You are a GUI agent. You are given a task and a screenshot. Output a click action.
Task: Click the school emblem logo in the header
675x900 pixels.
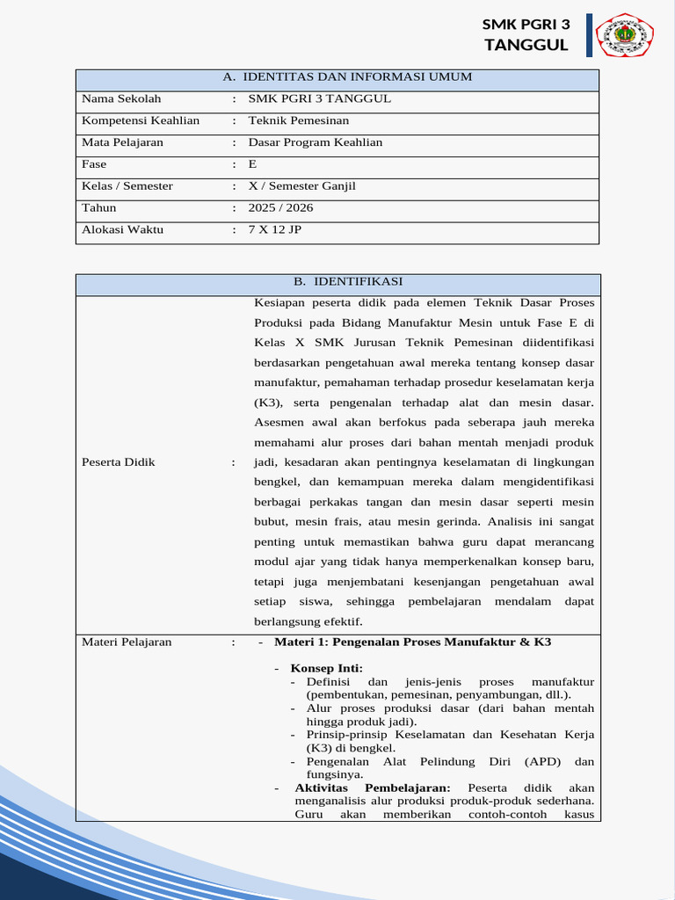pyautogui.click(x=625, y=35)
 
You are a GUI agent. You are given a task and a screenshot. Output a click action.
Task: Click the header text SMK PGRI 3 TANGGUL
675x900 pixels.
pyautogui.click(x=526, y=35)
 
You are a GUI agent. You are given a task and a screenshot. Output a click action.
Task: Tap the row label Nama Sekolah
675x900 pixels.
pyautogui.click(x=121, y=98)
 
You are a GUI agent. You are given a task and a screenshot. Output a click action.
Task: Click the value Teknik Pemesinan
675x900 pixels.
pyautogui.click(x=299, y=120)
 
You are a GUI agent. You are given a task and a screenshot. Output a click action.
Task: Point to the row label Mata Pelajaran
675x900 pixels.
pyautogui.click(x=122, y=142)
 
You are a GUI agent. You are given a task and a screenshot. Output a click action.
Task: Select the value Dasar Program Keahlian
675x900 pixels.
pyautogui.click(x=316, y=142)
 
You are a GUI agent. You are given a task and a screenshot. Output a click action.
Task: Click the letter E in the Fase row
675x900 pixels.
pyautogui.click(x=253, y=164)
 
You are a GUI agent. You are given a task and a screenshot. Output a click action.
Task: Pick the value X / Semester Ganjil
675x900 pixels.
pyautogui.click(x=302, y=186)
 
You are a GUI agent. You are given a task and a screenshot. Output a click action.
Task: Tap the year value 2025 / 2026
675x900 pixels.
pyautogui.click(x=280, y=208)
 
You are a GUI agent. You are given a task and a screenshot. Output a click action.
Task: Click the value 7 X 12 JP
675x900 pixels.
pyautogui.click(x=274, y=230)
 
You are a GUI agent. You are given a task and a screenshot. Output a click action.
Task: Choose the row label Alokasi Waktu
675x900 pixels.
pyautogui.click(x=122, y=230)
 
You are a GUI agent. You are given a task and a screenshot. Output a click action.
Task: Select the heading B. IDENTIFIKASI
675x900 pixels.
pyautogui.click(x=348, y=281)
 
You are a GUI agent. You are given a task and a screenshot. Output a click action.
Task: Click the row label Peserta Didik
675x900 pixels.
pyautogui.click(x=118, y=462)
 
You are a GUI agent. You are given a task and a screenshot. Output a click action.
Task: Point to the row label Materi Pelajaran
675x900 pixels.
pyautogui.click(x=127, y=642)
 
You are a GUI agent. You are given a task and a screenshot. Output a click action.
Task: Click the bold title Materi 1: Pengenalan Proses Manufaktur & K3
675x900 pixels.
pyautogui.click(x=412, y=642)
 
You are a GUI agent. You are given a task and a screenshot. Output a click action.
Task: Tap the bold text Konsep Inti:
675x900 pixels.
pyautogui.click(x=326, y=669)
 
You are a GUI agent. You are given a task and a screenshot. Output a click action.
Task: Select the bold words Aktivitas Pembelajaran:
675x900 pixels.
pyautogui.click(x=373, y=787)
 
